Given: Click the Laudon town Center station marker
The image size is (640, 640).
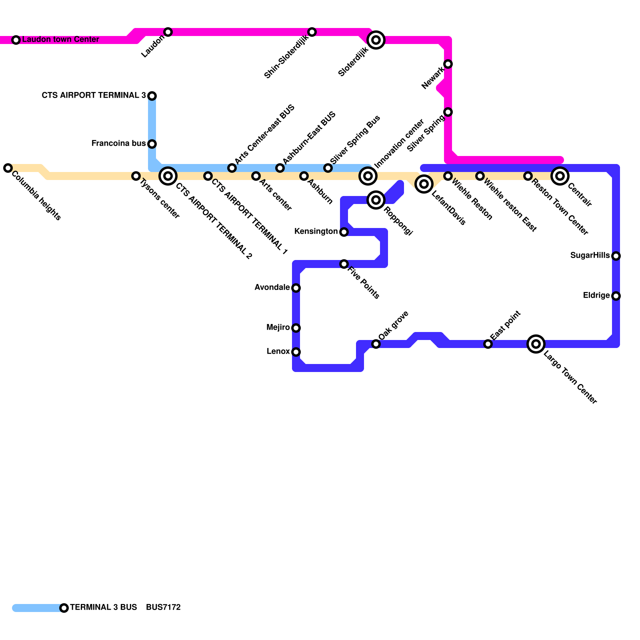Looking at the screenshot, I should (x=16, y=40).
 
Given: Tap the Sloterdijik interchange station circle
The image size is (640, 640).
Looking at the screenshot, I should (x=376, y=40).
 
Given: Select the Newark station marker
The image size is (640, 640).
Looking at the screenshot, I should (x=448, y=64).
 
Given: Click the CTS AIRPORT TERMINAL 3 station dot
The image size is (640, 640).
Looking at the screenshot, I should (x=152, y=96).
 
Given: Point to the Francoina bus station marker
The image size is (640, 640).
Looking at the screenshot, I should (x=152, y=144).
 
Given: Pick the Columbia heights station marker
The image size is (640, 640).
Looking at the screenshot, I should (x=8, y=168).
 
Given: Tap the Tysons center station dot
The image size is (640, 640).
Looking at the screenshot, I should (x=136, y=176).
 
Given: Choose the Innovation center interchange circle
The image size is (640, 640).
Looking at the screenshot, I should (x=368, y=176).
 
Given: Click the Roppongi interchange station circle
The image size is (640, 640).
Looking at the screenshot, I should (x=376, y=200).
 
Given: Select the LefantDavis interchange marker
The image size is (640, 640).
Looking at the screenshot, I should (x=424, y=184).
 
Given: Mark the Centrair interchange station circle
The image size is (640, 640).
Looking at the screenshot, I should (x=560, y=176).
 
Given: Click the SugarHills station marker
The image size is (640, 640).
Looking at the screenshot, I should (x=616, y=256).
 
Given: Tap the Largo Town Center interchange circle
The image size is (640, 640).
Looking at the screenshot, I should (x=536, y=344).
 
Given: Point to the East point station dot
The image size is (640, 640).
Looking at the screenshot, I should (x=488, y=344).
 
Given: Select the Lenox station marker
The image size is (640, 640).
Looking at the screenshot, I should (x=296, y=352).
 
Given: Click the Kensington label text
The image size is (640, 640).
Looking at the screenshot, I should (x=316, y=232).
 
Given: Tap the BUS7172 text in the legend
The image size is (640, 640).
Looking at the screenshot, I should (x=163, y=608).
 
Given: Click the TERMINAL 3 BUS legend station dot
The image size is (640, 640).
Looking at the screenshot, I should (x=64, y=608).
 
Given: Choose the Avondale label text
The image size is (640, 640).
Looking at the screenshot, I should (x=272, y=288).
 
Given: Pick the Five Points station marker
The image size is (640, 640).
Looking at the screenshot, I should (x=344, y=264).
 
